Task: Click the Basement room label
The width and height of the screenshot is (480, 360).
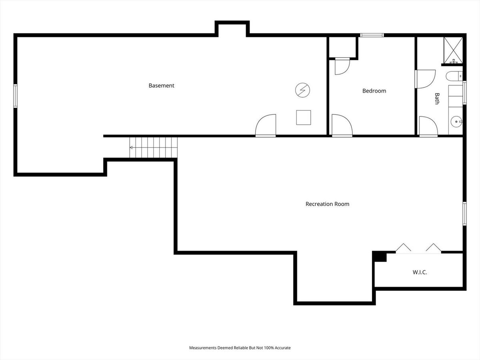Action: pyautogui.click(x=161, y=86)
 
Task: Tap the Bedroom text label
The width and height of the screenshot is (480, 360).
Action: pyautogui.click(x=374, y=91)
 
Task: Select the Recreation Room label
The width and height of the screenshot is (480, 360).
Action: pyautogui.click(x=327, y=204)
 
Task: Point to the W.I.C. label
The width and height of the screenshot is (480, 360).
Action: pyautogui.click(x=420, y=272)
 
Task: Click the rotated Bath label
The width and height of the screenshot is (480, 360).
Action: pyautogui.click(x=437, y=98)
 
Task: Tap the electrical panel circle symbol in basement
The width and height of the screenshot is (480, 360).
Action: pyautogui.click(x=303, y=90)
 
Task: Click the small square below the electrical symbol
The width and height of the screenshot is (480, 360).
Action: pyautogui.click(x=304, y=117)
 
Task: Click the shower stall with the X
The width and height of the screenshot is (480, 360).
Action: pyautogui.click(x=453, y=50)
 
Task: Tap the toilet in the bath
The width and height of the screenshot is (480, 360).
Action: pyautogui.click(x=454, y=76)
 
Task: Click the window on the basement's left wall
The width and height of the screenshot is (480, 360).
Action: pyautogui.click(x=15, y=96)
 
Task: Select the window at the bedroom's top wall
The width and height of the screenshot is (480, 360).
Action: pyautogui.click(x=372, y=35)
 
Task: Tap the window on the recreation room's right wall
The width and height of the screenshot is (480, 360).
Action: pyautogui.click(x=464, y=214)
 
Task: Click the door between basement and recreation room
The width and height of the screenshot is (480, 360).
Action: pyautogui.click(x=266, y=126)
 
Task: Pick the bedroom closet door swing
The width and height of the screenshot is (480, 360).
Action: pyautogui.click(x=342, y=66)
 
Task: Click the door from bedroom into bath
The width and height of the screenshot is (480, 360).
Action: pyautogui.click(x=425, y=79)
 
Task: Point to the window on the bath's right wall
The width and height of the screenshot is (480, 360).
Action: pyautogui.click(x=464, y=92)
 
